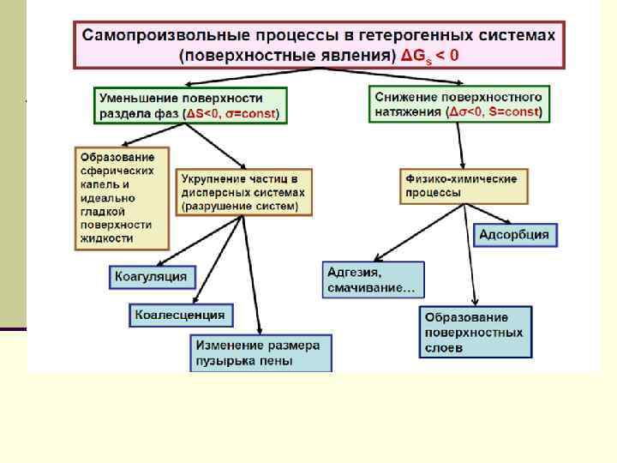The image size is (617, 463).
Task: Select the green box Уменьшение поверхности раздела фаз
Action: [x=190, y=105]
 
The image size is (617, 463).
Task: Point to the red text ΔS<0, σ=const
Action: [x=234, y=114]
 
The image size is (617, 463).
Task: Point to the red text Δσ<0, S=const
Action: [x=494, y=112]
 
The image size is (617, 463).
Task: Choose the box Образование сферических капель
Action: [x=121, y=197]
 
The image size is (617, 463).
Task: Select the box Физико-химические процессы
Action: [x=463, y=186]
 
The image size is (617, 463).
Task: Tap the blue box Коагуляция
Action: [x=153, y=277]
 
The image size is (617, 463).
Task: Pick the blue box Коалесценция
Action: [x=181, y=316]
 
